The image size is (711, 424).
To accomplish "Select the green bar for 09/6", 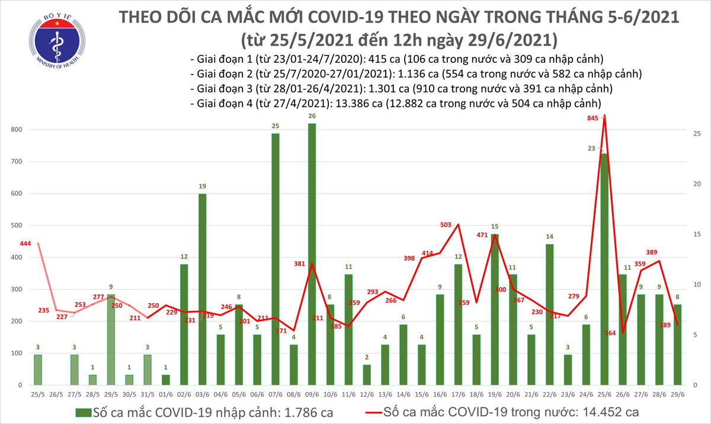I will (312, 255).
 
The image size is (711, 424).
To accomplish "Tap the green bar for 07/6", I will (276, 261).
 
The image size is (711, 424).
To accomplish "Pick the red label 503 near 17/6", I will (446, 225).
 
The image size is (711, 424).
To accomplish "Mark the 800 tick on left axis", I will (17, 130).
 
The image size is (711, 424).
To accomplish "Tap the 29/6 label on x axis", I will (676, 394).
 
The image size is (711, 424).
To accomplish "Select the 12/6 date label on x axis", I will (366, 394).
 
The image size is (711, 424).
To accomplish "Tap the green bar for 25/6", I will (603, 270).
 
